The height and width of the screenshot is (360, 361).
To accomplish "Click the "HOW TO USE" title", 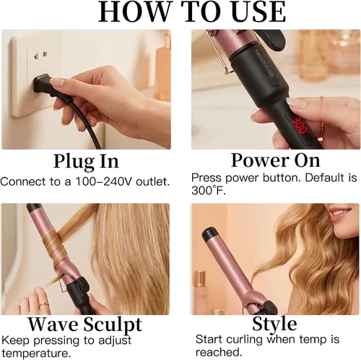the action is coord(192,12).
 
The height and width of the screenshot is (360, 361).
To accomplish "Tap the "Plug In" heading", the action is coord(86,161).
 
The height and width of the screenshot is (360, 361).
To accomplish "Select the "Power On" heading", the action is coord(275,160).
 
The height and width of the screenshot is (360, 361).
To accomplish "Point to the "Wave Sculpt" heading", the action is coord(84,324).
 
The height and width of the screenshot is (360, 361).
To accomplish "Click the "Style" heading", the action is coord(274,323).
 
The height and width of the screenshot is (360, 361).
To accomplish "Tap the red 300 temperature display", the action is coord(300,125).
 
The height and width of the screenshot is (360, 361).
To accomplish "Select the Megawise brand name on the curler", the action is coord(264,63).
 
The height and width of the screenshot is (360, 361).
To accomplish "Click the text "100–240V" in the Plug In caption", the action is coord(104,181).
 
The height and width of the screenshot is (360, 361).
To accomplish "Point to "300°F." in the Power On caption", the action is coord(209,191).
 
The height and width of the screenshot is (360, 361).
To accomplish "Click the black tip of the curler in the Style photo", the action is coord(210,234).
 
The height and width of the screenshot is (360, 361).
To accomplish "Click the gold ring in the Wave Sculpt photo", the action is coord(43,304).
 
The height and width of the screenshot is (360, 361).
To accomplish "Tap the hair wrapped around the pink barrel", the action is coord(55,248).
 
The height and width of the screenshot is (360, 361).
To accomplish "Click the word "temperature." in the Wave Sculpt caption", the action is coord(36,353).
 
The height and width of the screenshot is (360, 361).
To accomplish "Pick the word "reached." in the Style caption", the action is coord(219,352).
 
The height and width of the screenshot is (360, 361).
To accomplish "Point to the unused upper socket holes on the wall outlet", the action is coord(40,56).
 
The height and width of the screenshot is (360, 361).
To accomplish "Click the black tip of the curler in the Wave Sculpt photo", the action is coord(33,207).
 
